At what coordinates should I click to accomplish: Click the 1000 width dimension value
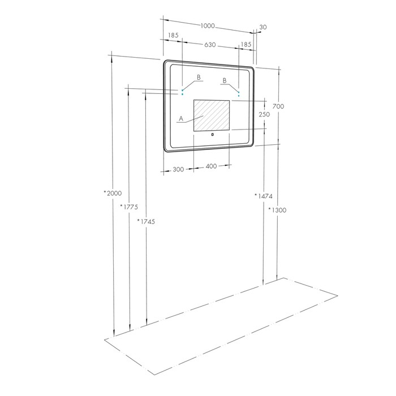[208, 26]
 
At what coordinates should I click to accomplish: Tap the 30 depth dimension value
[263, 27]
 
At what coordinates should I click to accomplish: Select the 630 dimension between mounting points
[210, 45]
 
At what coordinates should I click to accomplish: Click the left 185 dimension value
[173, 35]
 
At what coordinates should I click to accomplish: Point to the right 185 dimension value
[246, 45]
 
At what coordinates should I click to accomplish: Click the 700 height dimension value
[278, 106]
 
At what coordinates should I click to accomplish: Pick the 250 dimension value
[264, 114]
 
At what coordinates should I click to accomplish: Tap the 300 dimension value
[178, 170]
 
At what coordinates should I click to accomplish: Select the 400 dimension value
[211, 166]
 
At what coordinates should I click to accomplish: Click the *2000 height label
[113, 193]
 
